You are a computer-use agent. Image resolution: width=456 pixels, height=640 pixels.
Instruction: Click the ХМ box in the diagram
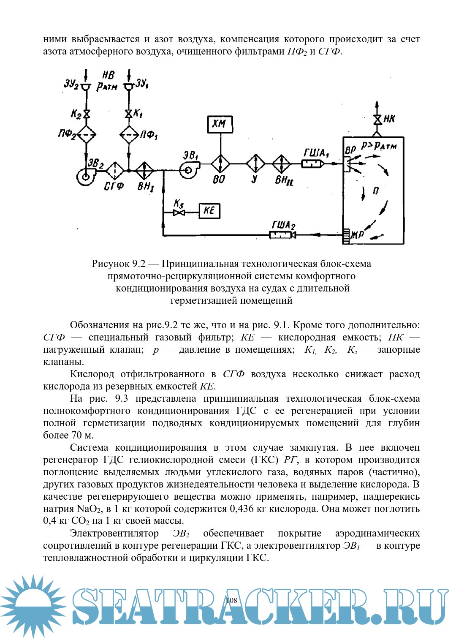tap(220, 124)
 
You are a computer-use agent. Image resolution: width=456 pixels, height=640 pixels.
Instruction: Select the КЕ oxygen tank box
tap(209, 210)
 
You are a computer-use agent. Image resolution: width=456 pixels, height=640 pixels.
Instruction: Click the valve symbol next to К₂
tap(87, 114)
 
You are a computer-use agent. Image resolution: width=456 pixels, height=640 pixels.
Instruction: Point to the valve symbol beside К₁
tap(128, 114)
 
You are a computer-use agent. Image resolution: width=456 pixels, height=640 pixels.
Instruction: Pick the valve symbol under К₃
tap(179, 212)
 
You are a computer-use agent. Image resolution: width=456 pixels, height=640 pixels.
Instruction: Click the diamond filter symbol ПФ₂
tap(87, 135)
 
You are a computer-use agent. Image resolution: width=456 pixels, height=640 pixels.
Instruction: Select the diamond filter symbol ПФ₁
tap(129, 135)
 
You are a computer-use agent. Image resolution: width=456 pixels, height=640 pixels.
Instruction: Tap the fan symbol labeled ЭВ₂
tap(86, 176)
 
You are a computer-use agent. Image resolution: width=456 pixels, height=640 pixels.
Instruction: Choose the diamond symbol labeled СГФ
tap(114, 171)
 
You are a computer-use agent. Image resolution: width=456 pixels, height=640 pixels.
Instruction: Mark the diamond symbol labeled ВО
tap(220, 163)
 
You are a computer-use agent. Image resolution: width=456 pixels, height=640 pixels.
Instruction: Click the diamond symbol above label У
tap(255, 163)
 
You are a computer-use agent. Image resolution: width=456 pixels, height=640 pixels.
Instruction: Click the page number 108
tap(231, 600)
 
